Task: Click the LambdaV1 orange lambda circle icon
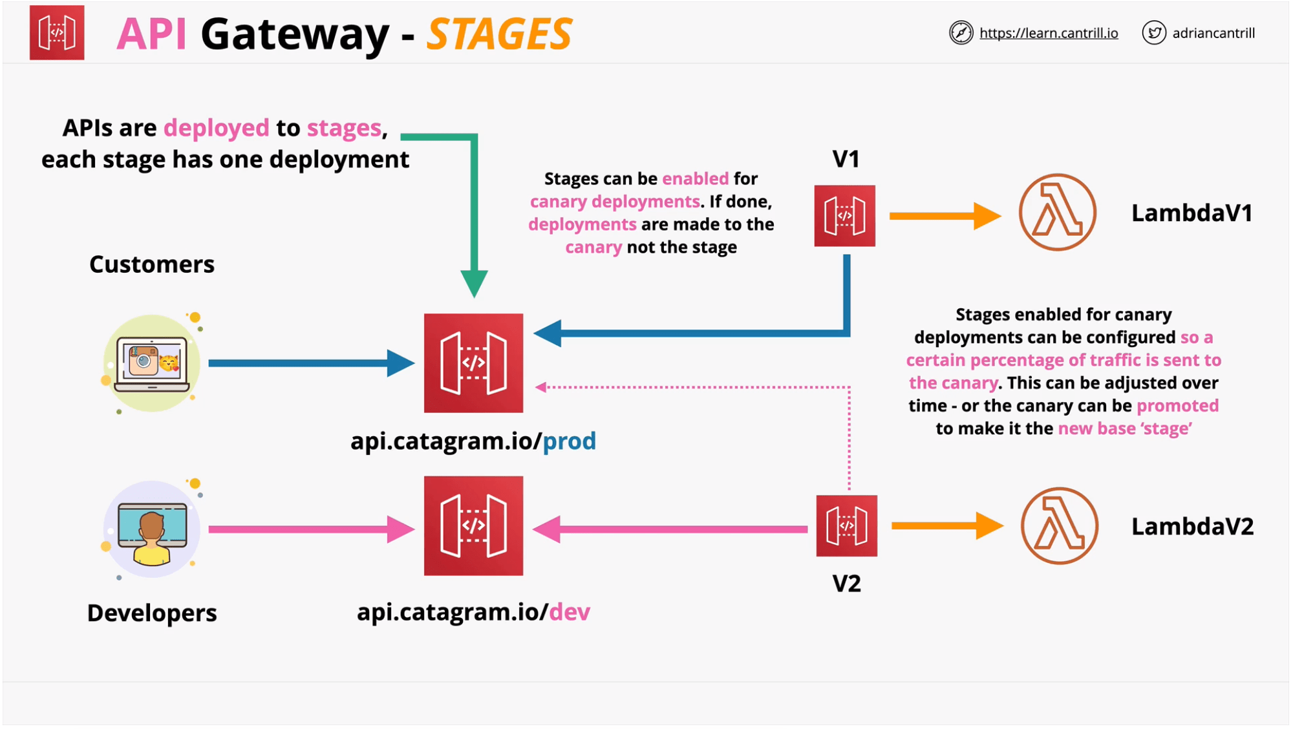click(x=1058, y=213)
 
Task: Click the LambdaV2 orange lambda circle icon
click(x=1059, y=526)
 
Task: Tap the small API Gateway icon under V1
click(x=844, y=216)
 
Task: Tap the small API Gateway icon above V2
click(x=846, y=526)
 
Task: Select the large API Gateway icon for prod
click(x=473, y=363)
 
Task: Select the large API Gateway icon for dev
click(x=473, y=526)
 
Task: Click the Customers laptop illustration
click(x=152, y=363)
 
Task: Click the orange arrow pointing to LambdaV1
click(x=944, y=216)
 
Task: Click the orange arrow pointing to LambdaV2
click(x=946, y=526)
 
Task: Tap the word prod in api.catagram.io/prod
click(x=569, y=441)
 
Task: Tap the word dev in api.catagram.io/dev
click(x=569, y=612)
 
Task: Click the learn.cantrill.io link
click(x=1048, y=33)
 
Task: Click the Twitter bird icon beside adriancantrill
click(x=1154, y=32)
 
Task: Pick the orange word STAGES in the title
click(x=499, y=34)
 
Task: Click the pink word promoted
click(x=1177, y=406)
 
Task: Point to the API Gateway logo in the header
click(x=57, y=33)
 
